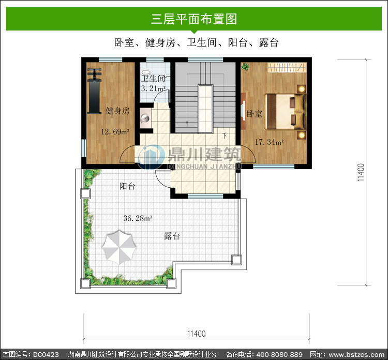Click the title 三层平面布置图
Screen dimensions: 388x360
[194, 19]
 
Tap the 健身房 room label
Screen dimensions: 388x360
[117, 111]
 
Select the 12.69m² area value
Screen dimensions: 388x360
[115, 131]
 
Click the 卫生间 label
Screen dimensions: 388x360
[153, 79]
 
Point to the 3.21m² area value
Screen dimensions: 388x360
[153, 88]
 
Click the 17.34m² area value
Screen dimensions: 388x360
[269, 142]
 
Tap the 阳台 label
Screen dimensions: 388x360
[127, 186]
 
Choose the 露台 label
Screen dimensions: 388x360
[172, 236]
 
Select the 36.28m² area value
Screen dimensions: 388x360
[138, 218]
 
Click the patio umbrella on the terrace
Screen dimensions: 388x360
[119, 247]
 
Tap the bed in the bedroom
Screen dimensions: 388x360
[285, 112]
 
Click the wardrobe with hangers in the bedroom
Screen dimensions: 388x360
[287, 67]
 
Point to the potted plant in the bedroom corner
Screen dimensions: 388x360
[245, 66]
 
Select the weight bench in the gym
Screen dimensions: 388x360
[94, 91]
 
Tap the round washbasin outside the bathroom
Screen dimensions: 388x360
[145, 118]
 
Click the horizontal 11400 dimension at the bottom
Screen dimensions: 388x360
[196, 334]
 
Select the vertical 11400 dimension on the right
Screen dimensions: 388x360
[361, 172]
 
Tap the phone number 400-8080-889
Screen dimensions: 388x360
[279, 354]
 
